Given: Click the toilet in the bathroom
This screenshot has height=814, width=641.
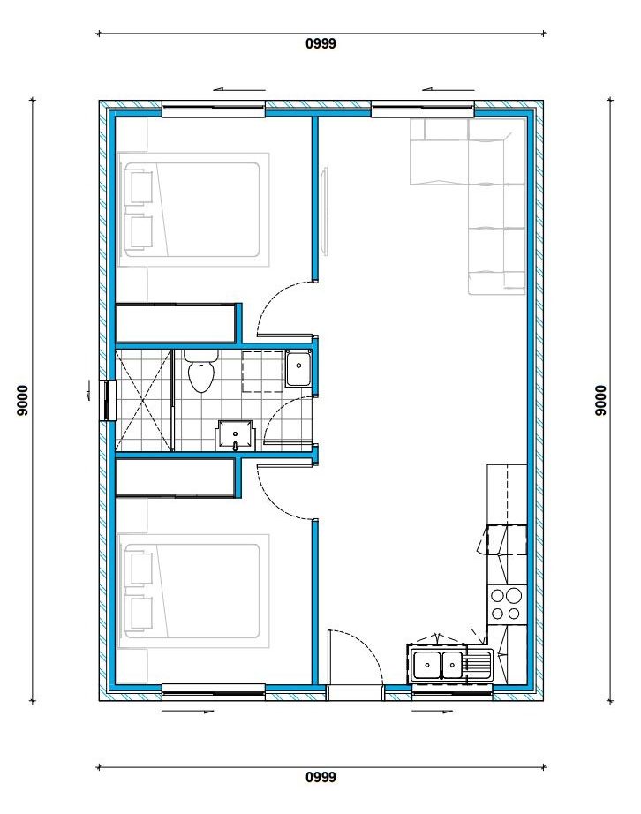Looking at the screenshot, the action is [x=202, y=370].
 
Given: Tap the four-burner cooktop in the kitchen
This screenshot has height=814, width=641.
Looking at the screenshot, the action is [x=506, y=604].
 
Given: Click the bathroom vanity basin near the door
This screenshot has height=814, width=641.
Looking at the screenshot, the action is [x=236, y=435].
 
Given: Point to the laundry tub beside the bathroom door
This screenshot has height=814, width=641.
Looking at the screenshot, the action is [x=298, y=368].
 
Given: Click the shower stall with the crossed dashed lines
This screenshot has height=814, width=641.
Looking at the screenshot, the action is [x=143, y=400].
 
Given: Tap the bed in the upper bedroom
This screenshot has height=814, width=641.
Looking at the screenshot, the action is [x=193, y=210].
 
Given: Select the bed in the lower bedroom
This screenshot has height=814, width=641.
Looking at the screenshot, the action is [x=193, y=591].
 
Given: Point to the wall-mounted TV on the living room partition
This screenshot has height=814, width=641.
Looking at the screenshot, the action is [x=325, y=211].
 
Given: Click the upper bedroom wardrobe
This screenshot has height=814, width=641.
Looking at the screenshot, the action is [x=176, y=323].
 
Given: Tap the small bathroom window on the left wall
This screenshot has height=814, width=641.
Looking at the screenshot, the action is [x=110, y=400].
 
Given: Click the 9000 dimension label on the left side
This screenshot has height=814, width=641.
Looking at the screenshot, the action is [x=22, y=400].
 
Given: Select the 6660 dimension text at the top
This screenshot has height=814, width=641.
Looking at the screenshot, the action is [x=320, y=43].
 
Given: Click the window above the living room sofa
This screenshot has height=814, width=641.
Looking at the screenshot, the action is [x=423, y=109].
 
